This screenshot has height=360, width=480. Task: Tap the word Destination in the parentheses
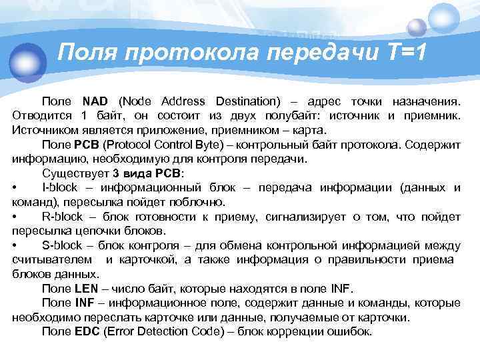click(243, 102)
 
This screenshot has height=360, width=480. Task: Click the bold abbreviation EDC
click(88, 331)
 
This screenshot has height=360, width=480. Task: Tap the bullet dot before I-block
click(15, 187)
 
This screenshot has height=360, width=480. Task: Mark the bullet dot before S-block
click(15, 245)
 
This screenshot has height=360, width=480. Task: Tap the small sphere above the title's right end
click(417, 26)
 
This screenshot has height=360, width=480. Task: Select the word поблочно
click(197, 202)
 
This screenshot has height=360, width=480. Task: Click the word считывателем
click(53, 260)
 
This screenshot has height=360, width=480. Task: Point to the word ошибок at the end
click(352, 331)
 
